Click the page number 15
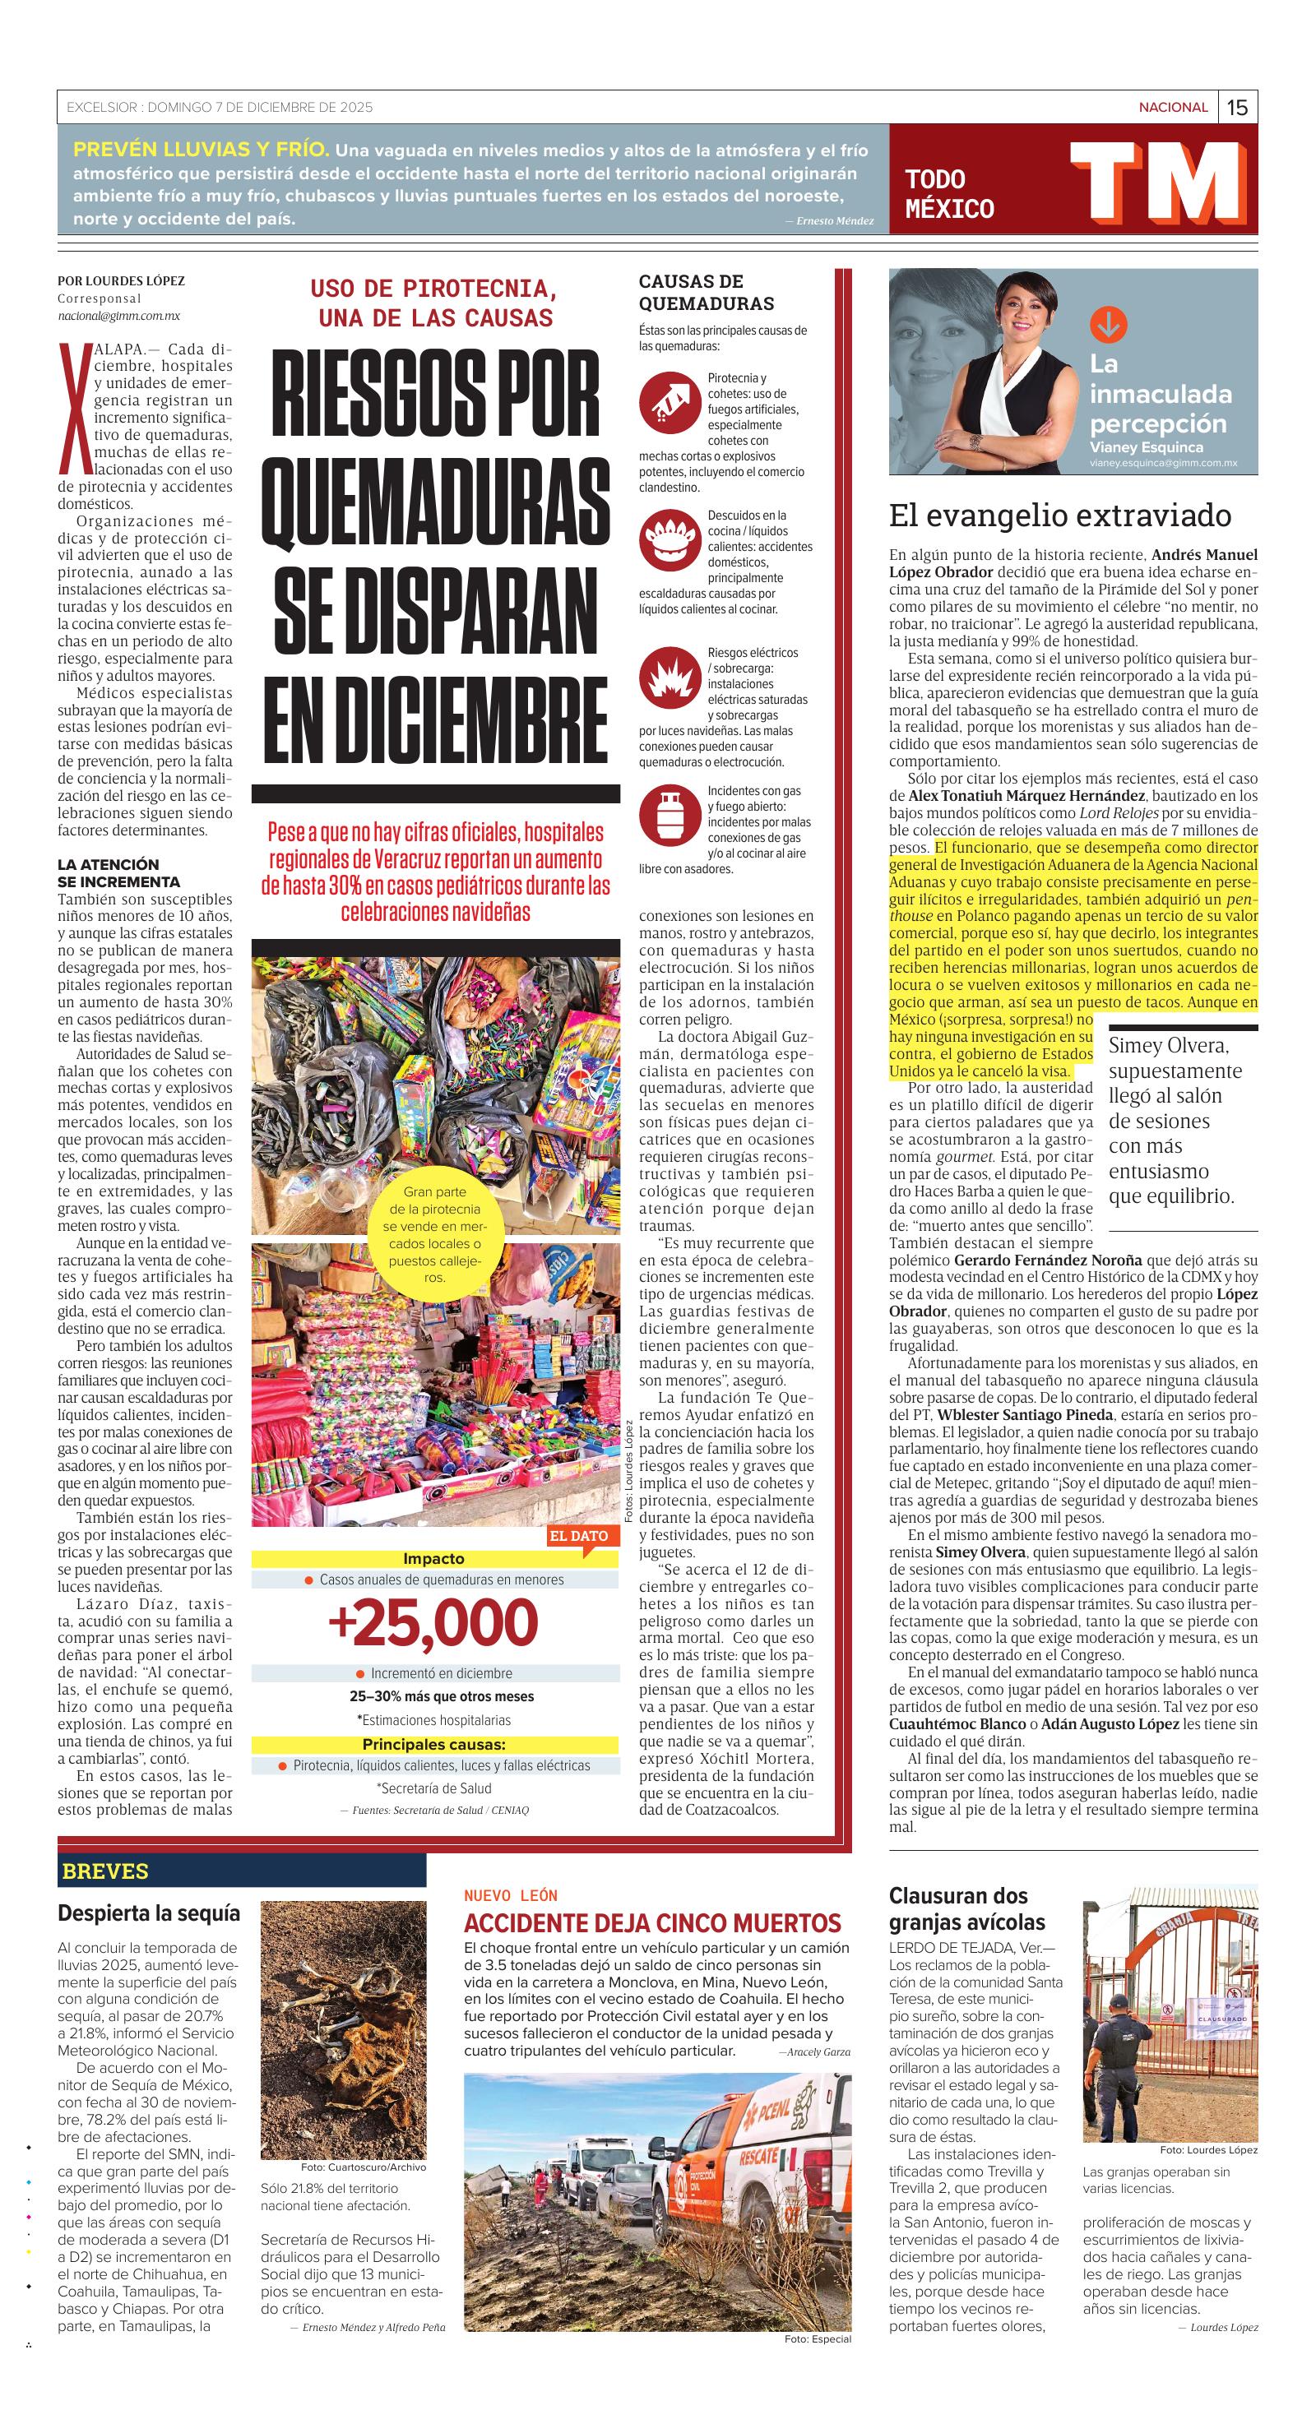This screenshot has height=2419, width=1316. click(x=1237, y=107)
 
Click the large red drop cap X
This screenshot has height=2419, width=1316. click(x=68, y=409)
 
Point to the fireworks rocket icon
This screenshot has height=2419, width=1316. click(x=667, y=402)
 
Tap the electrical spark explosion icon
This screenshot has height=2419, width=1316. click(x=667, y=676)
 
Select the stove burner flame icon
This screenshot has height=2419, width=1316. click(x=667, y=539)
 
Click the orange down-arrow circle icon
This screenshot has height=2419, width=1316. click(x=1109, y=325)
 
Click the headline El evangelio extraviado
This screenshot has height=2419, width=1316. click(x=1059, y=515)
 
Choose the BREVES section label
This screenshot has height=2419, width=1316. click(x=105, y=1871)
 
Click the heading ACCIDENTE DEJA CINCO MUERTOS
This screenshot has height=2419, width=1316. click(x=652, y=1922)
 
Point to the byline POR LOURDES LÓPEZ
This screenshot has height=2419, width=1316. click(x=121, y=280)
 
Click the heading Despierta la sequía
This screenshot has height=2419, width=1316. click(x=148, y=1913)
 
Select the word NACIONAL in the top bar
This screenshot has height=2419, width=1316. click(x=1172, y=107)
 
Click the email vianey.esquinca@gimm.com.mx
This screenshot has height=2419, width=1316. click(x=1163, y=463)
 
